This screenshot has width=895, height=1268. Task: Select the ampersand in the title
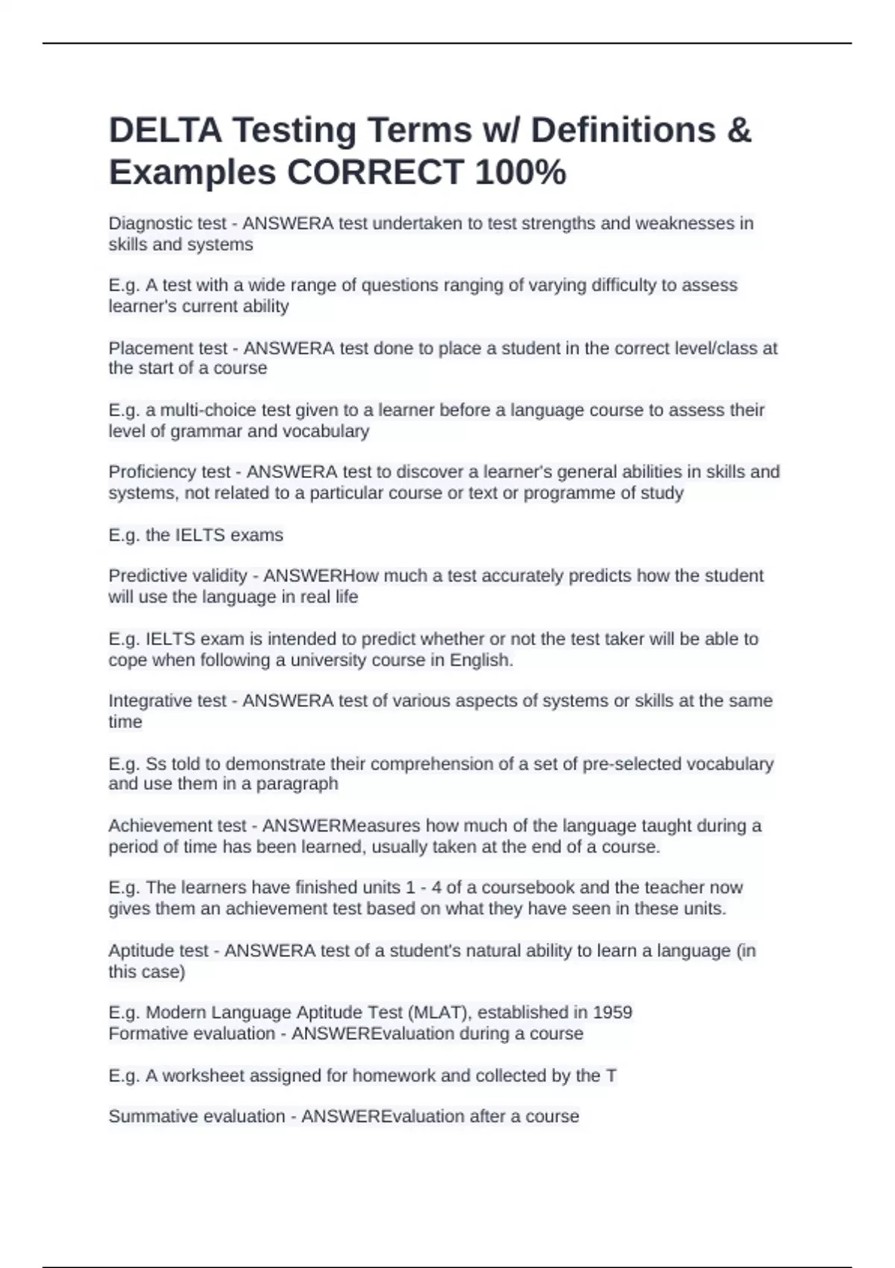click(738, 131)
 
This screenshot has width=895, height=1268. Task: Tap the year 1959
click(612, 1012)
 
